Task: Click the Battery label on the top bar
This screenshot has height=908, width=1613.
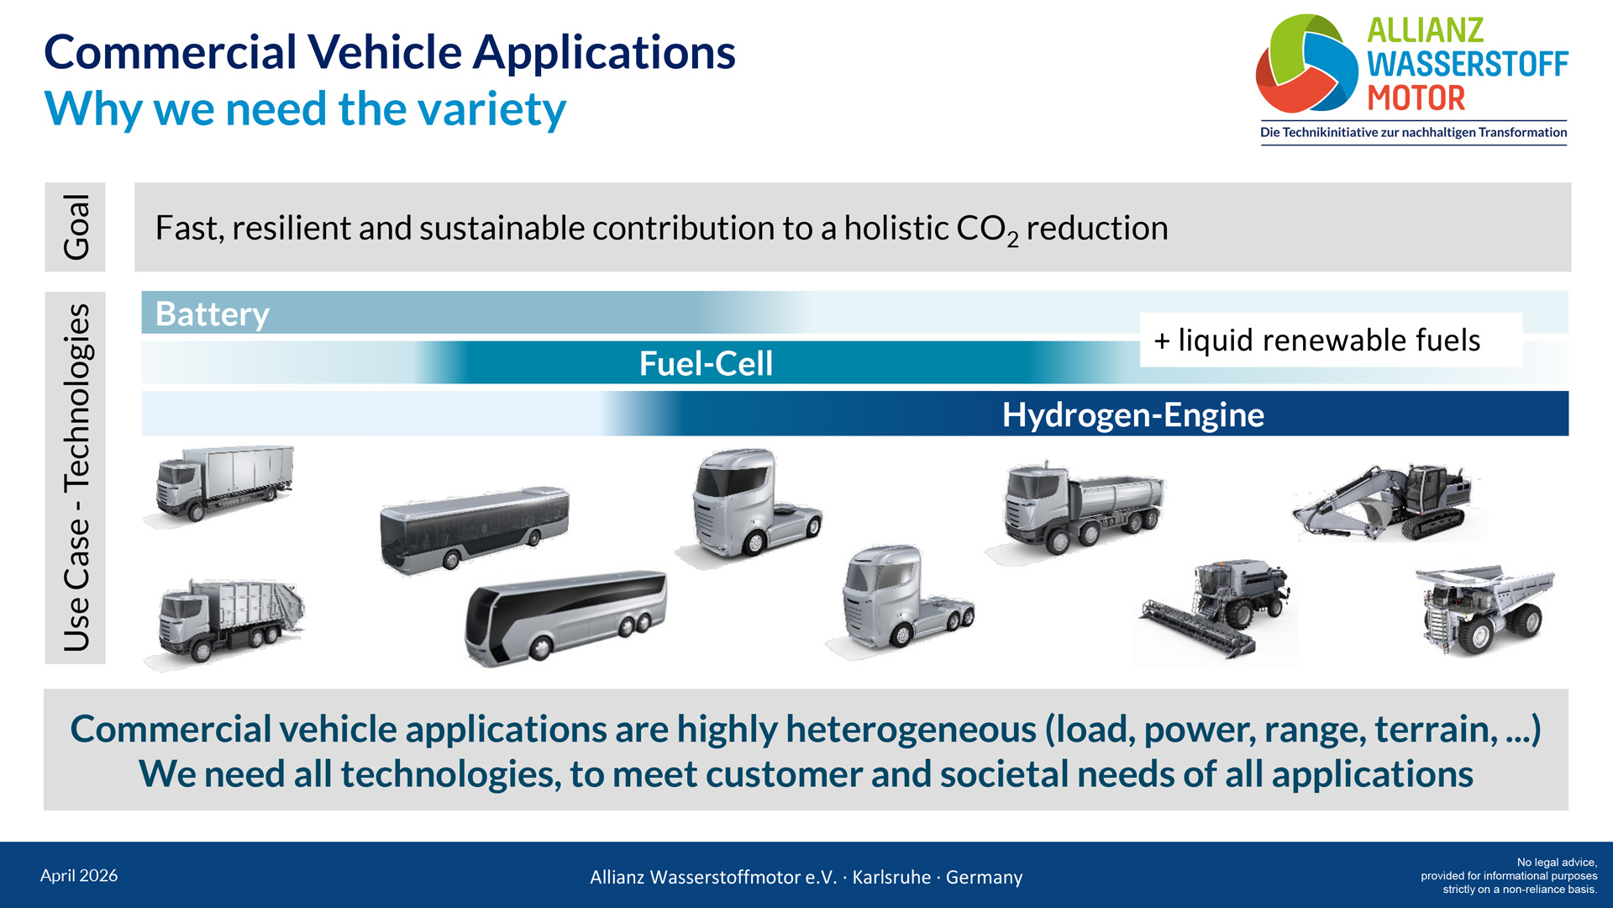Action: (x=213, y=314)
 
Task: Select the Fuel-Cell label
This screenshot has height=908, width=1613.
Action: (x=706, y=363)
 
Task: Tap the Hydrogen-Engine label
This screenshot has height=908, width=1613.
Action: (x=1133, y=414)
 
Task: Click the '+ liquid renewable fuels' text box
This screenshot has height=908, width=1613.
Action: (x=1331, y=340)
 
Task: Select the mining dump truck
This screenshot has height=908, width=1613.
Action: (x=1484, y=609)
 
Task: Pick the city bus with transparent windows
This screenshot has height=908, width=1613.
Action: (x=475, y=529)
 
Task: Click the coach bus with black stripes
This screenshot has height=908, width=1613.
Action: (x=566, y=617)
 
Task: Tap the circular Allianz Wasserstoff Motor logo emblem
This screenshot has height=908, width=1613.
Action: (x=1306, y=64)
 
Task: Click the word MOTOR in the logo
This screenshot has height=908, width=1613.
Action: (x=1416, y=98)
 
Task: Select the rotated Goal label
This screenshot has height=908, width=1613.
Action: (x=76, y=227)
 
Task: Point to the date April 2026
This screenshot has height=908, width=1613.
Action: (x=79, y=875)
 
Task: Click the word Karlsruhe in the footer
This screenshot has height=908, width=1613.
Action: (x=891, y=877)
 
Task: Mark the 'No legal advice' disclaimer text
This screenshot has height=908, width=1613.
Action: (x=1509, y=875)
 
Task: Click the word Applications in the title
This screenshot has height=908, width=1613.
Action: (x=604, y=53)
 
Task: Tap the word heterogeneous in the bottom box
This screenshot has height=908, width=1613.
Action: (x=912, y=728)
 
